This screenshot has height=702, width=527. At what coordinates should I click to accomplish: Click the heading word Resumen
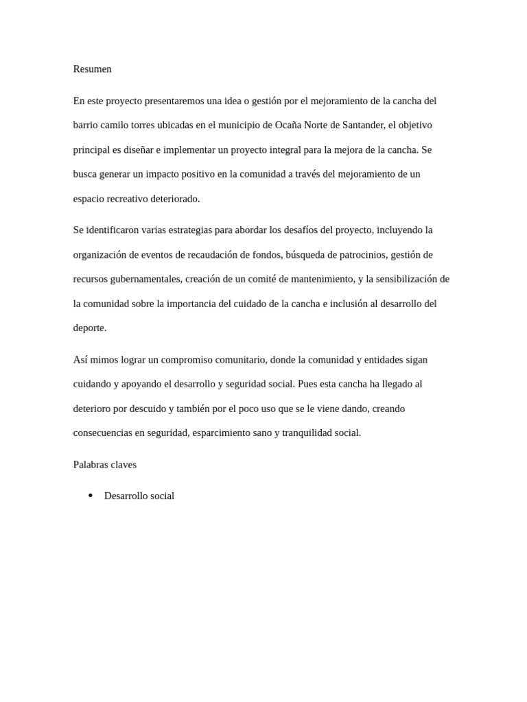point(92,69)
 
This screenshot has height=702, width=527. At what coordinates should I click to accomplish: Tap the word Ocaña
point(290,125)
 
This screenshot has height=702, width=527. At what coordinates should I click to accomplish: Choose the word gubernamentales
point(143,279)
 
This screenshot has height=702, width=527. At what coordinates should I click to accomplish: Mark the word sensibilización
point(413,279)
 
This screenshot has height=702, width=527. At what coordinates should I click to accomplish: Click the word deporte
point(89,328)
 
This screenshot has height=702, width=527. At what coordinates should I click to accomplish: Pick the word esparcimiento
point(227,433)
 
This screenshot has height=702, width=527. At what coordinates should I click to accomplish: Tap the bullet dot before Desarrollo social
point(91,496)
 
